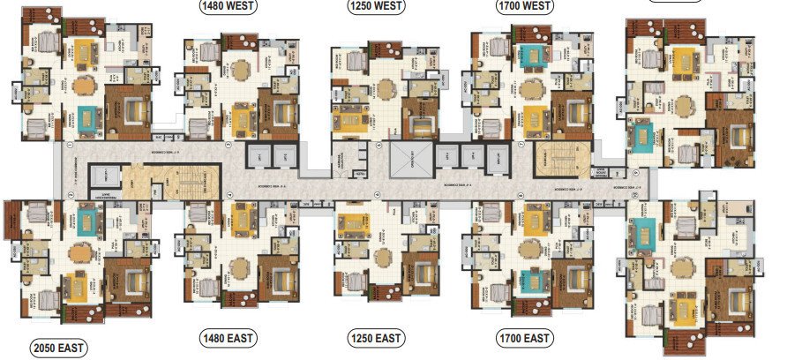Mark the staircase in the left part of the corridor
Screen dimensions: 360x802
coord(185,186)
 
